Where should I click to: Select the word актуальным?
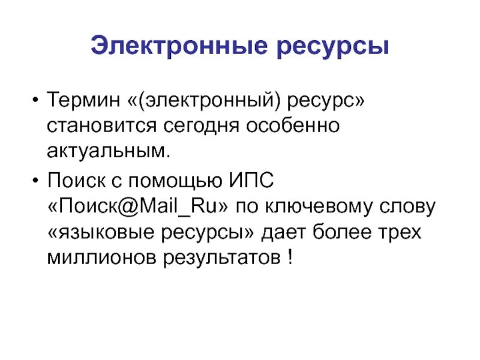pos(109,151)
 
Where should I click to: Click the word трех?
pos(401,232)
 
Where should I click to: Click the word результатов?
pos(217,259)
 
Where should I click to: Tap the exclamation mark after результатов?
pos(290,258)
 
